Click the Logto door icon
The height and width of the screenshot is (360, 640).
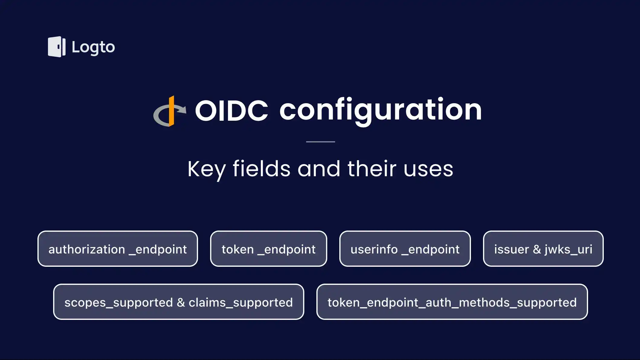coord(56,47)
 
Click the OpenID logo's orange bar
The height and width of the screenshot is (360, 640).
coord(171,111)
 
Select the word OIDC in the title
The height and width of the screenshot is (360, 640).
coord(231,111)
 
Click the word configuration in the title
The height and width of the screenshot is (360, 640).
coord(380,110)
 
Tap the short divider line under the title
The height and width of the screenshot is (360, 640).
coord(320,142)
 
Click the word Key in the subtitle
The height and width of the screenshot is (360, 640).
coord(206,169)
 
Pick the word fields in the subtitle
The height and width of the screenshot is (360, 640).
coord(261,169)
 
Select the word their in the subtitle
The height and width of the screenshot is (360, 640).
coord(372,169)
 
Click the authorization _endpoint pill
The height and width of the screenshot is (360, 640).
coord(117,249)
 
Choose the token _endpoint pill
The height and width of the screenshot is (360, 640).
coord(268,249)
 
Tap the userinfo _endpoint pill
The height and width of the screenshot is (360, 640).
coord(405,249)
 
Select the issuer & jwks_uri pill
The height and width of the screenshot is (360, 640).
coord(543,249)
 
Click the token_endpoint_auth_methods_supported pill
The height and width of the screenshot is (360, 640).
coord(452,302)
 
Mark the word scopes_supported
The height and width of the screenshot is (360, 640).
coord(118,302)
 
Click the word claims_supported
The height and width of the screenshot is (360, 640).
coord(241,302)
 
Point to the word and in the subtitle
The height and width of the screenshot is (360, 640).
coord(319,169)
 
